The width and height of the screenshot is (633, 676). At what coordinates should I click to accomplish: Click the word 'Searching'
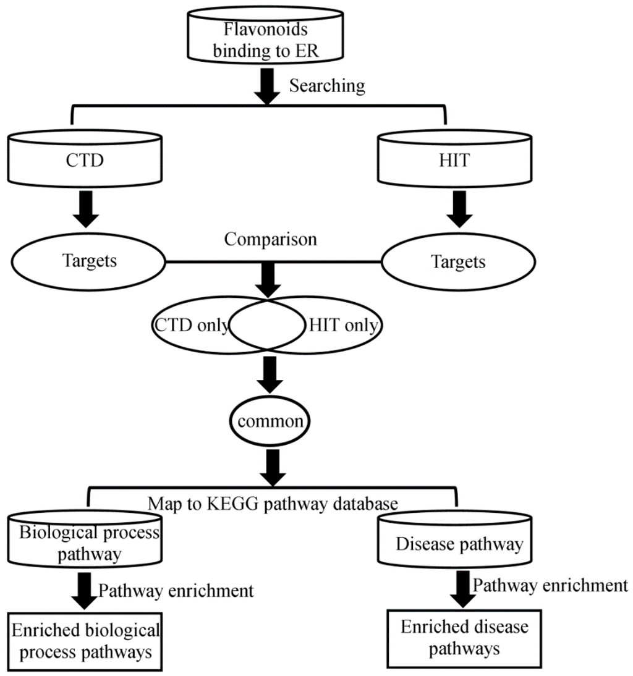[327, 85]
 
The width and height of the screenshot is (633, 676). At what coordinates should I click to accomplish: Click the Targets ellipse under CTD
[90, 260]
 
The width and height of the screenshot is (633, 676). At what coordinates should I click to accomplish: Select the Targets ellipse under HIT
[459, 262]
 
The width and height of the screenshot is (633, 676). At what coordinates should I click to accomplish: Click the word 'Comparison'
[270, 239]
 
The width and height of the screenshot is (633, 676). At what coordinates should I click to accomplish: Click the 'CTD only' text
[190, 324]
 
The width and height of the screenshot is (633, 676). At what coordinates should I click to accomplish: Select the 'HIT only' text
[342, 324]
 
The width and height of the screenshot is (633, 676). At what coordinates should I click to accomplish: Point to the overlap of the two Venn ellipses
[268, 324]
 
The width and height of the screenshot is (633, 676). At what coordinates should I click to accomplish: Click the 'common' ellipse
[267, 422]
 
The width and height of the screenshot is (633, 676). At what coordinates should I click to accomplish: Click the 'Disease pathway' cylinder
[459, 544]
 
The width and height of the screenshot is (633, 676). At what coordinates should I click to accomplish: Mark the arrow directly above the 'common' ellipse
[268, 378]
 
